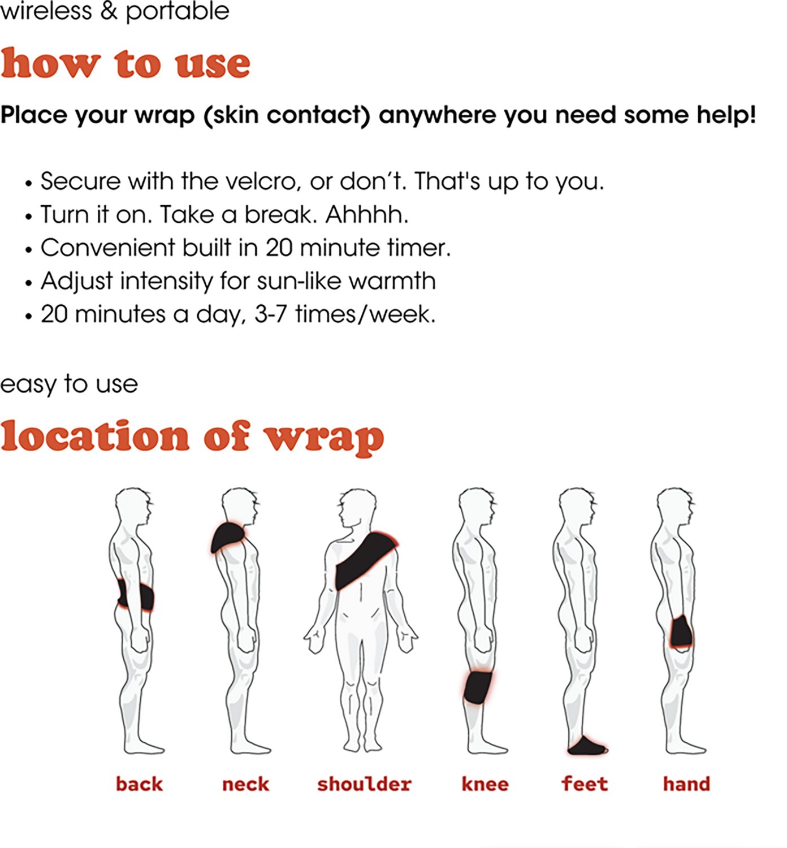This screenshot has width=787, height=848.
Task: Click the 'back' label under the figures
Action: (x=139, y=784)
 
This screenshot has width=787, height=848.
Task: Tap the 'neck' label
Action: (x=245, y=784)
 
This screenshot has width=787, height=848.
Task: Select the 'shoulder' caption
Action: (x=364, y=784)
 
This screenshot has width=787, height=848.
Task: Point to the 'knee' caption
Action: (x=485, y=784)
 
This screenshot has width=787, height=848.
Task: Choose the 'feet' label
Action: (x=585, y=784)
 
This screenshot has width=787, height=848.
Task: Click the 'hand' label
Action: (x=686, y=784)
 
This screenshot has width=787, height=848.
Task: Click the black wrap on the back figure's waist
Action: (x=137, y=597)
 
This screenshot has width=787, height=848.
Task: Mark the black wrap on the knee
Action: (x=478, y=687)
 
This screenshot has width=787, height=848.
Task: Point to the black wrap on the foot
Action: (x=586, y=747)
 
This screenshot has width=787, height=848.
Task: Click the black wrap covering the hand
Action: (x=681, y=632)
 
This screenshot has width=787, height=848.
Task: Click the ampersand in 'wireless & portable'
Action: (x=109, y=11)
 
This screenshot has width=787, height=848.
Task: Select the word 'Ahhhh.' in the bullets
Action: (x=367, y=215)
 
